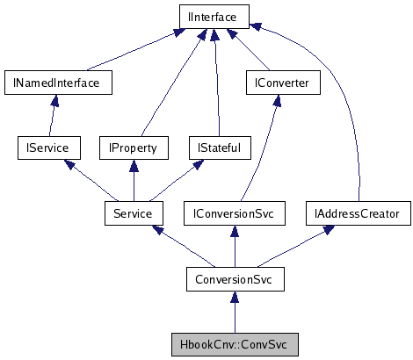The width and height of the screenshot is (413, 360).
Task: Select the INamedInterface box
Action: coord(51,83)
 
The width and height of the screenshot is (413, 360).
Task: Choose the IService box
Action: coord(48,148)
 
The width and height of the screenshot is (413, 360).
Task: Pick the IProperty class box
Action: coord(133,148)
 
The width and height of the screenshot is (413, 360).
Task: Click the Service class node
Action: coord(133,213)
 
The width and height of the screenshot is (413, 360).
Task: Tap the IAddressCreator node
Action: coord(358,213)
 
